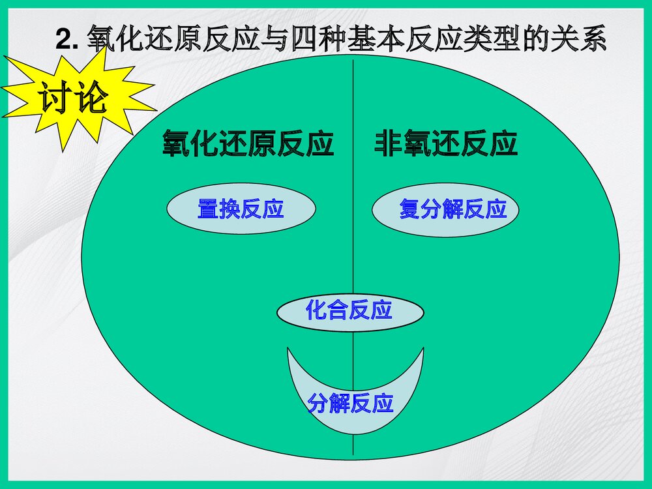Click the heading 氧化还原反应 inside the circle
pos(248,144)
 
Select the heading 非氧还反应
pos(446,144)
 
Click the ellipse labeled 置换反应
pos(241,209)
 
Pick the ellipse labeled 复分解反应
pos(446,209)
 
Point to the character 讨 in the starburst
pos(54,99)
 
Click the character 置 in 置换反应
pos(208,209)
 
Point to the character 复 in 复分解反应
pos(410,209)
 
